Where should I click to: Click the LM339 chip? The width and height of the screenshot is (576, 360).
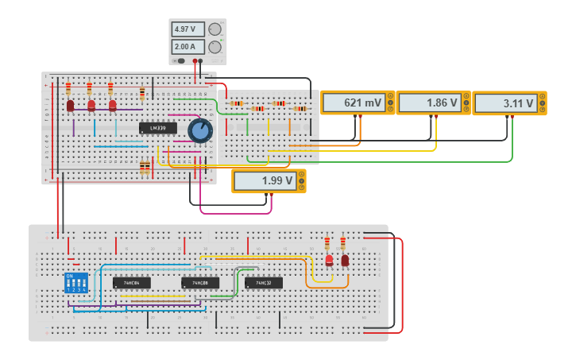tap(157, 128)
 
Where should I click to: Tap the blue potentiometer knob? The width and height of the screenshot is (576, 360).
tap(200, 130)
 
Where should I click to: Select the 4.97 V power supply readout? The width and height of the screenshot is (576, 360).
tap(185, 29)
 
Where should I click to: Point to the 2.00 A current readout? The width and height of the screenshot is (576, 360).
tap(185, 47)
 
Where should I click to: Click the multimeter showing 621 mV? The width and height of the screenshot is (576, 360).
tap(356, 103)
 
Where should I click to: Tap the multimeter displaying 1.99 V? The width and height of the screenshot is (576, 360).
tap(269, 181)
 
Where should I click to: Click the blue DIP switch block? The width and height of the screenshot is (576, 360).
tap(76, 283)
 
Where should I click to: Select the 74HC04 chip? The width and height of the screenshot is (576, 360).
tap(131, 283)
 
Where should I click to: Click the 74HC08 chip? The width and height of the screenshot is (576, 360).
tap(199, 283)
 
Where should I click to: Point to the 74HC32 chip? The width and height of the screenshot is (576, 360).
tap(263, 283)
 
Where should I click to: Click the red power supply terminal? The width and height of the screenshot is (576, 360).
tap(195, 61)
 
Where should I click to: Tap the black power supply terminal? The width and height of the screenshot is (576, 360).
tap(202, 61)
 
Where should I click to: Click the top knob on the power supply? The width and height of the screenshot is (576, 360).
tap(215, 29)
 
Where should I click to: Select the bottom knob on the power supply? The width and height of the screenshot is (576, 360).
tap(215, 47)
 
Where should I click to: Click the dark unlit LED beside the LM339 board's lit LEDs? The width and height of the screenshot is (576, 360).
tap(70, 105)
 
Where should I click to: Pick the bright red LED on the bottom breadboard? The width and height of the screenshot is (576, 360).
tap(329, 259)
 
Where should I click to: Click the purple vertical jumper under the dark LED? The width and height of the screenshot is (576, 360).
tap(74, 127)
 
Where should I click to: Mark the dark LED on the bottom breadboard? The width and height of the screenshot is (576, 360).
tap(345, 260)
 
